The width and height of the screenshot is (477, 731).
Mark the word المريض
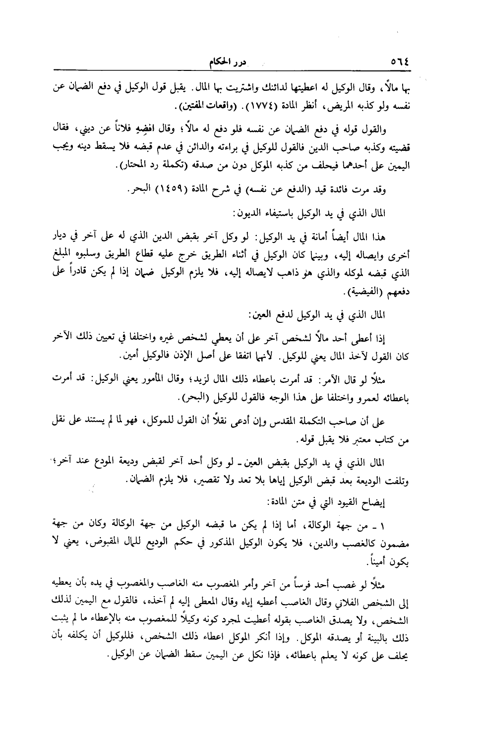tap(319, 106)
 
